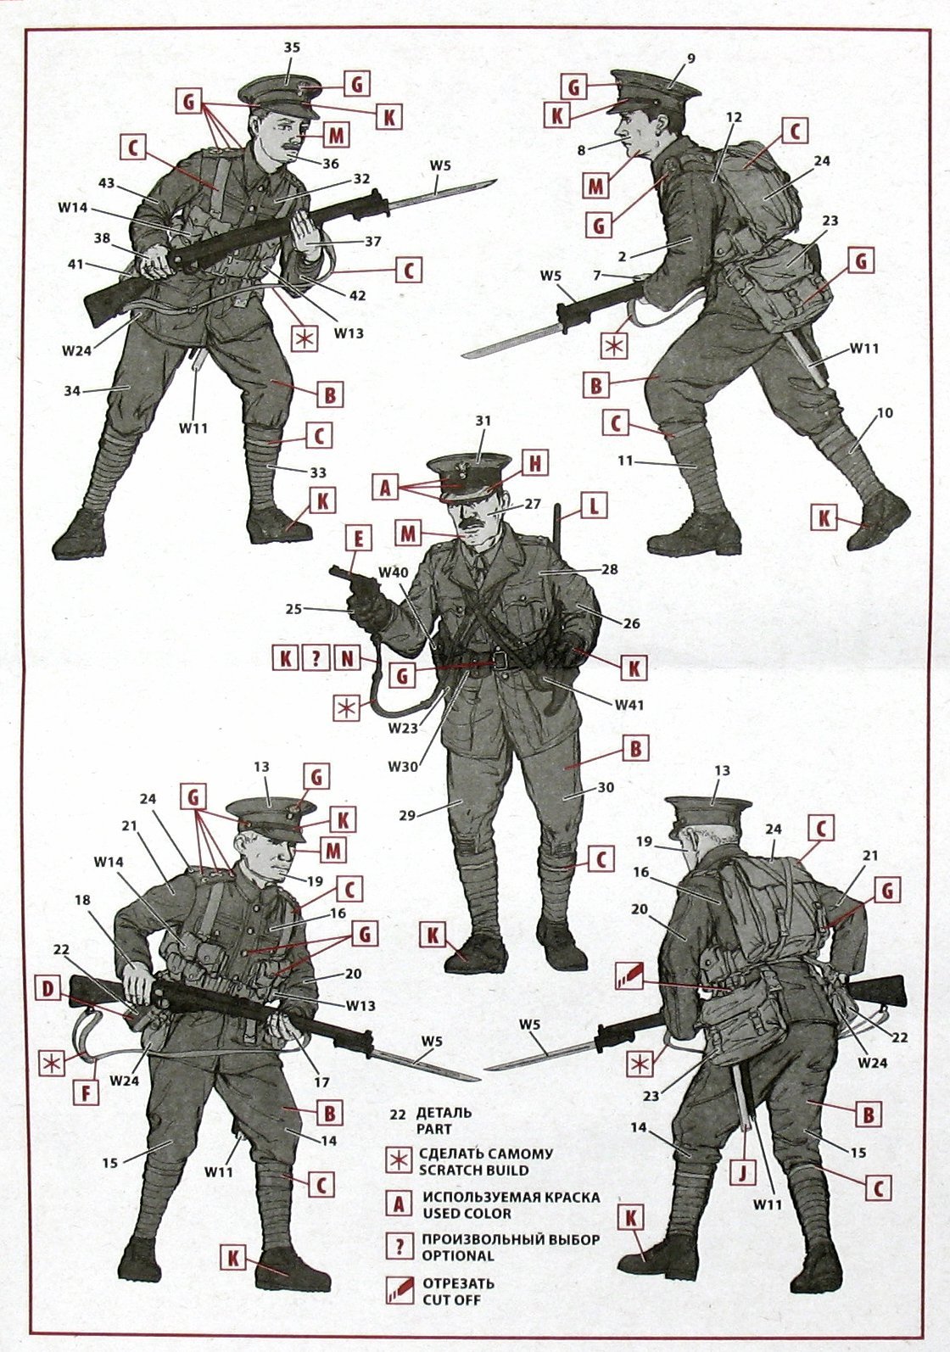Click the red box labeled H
[x=534, y=465]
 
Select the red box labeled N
[x=347, y=659]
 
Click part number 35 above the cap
[x=291, y=47]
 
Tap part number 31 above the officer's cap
[x=483, y=422]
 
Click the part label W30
[x=403, y=767]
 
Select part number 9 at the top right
[x=691, y=59]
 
